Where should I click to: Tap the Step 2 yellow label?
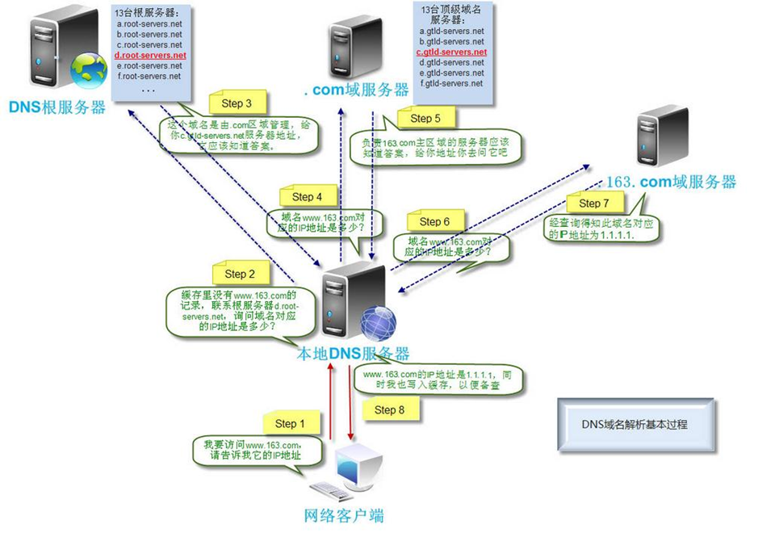point(240,274)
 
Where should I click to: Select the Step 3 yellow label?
point(237,103)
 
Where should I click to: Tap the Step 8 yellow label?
point(385,409)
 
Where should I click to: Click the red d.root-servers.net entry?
point(150,56)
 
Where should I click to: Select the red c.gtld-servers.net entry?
point(451,52)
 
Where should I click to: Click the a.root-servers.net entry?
point(149,24)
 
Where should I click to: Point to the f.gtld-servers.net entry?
point(451,83)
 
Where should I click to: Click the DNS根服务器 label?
point(57,107)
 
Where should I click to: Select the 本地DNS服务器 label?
point(354,354)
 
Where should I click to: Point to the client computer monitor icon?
point(360,464)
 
